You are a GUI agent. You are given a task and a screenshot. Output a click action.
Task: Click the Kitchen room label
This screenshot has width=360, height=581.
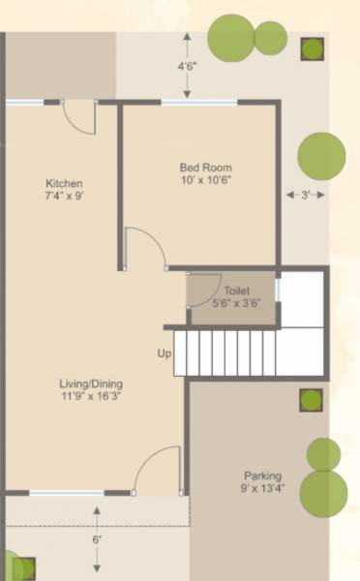65,183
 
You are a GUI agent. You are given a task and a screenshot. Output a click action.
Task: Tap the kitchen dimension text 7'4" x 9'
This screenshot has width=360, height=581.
65,197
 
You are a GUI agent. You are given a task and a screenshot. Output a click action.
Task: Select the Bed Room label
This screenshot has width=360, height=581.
205,167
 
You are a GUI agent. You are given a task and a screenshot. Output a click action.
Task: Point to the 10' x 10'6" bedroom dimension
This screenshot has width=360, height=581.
205,180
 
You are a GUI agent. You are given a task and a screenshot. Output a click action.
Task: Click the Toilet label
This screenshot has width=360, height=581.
236,290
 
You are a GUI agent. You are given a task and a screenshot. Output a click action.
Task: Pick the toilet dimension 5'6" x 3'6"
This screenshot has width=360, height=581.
235,302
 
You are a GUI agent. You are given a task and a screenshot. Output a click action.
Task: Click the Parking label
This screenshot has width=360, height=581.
262,475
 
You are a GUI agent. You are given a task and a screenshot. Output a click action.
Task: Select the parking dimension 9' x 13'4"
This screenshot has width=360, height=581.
262,489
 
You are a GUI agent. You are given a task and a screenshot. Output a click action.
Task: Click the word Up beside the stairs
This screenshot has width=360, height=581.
164,353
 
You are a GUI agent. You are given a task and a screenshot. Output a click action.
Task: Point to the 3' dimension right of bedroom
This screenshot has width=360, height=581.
305,195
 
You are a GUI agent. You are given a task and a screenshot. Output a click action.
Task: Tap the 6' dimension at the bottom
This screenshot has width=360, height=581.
97,539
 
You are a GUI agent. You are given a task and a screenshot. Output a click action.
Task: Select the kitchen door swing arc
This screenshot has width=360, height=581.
79,116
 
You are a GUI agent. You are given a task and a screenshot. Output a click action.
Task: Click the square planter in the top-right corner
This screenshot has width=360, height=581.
312,48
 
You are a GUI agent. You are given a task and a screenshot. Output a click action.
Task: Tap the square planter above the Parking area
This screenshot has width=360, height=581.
310,401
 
